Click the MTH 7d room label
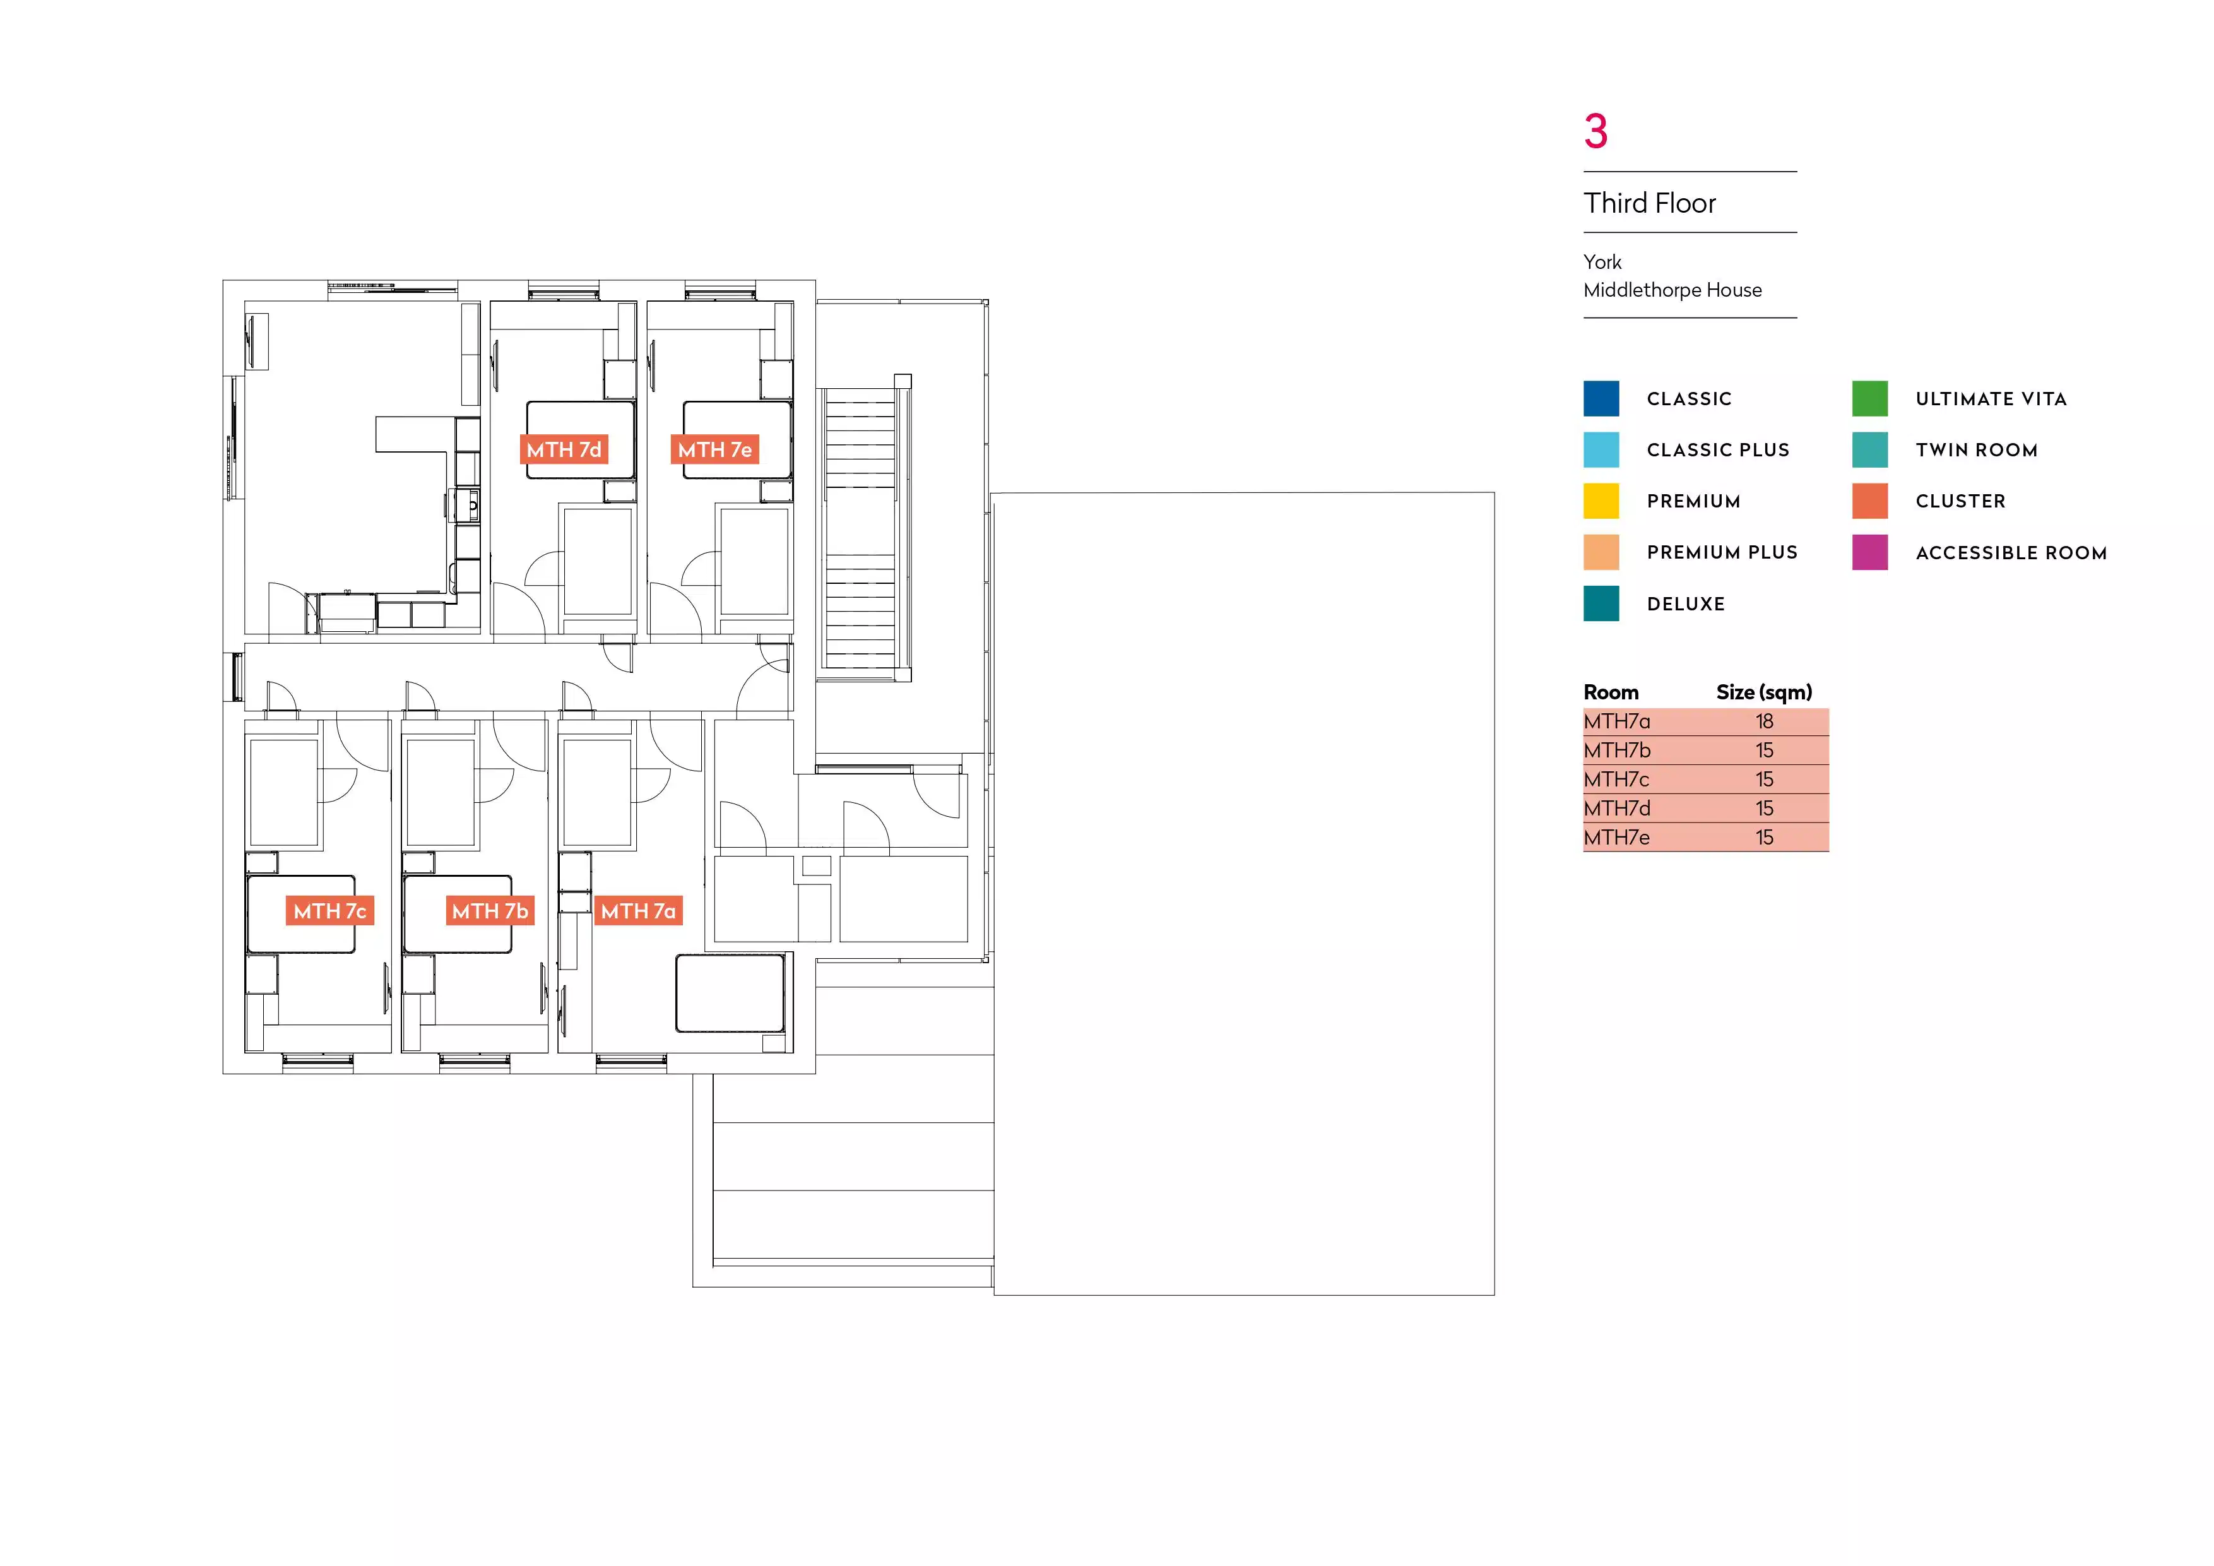(564, 449)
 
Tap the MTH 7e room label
(714, 449)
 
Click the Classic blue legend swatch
(1601, 398)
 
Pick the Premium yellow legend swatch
(1601, 501)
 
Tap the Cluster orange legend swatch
(1870, 501)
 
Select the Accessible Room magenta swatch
(1870, 552)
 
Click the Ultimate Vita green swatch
(1870, 398)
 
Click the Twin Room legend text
(1977, 450)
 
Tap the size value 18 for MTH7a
(1763, 721)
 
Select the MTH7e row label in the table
(1617, 837)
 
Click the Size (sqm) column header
(1763, 692)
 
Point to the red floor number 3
(1596, 131)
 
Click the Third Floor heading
(1650, 203)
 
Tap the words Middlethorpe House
(1672, 290)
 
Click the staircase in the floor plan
(860, 526)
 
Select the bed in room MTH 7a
(730, 994)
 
